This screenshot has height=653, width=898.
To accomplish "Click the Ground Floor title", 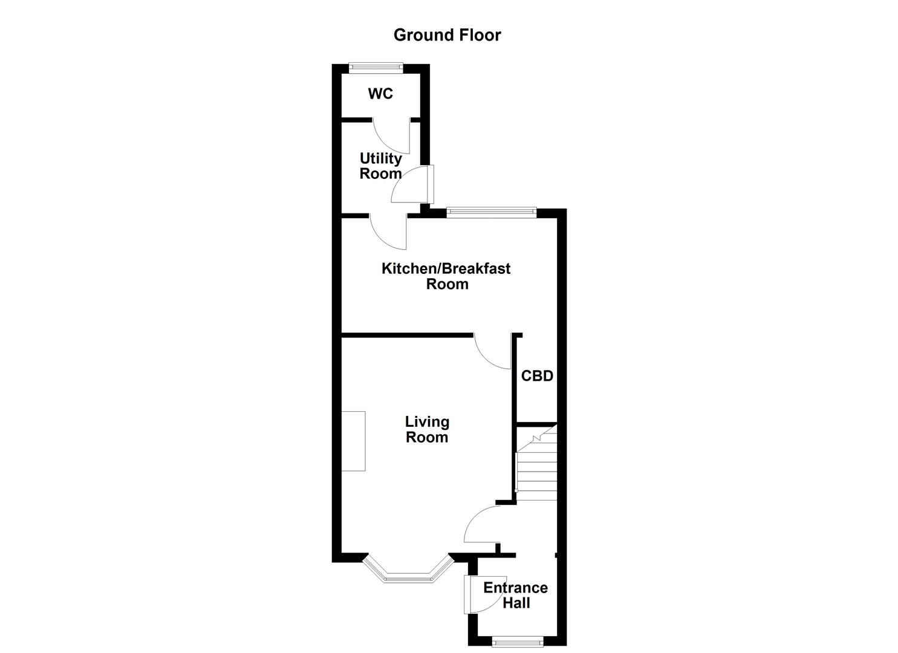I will click(447, 35).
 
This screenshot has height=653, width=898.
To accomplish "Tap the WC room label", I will click(380, 94).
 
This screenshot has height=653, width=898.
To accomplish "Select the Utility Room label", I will click(380, 166).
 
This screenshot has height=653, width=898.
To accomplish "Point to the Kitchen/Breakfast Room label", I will click(446, 276).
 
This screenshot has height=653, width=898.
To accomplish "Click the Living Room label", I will click(427, 429).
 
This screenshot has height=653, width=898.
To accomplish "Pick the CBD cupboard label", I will click(537, 376).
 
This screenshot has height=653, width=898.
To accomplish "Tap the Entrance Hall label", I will click(515, 595).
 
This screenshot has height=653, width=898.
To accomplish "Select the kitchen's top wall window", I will click(491, 212).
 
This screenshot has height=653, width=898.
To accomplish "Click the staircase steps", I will click(536, 469).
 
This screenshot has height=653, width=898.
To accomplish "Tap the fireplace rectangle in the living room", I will click(353, 441).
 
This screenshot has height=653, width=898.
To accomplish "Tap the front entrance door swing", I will click(478, 595).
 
